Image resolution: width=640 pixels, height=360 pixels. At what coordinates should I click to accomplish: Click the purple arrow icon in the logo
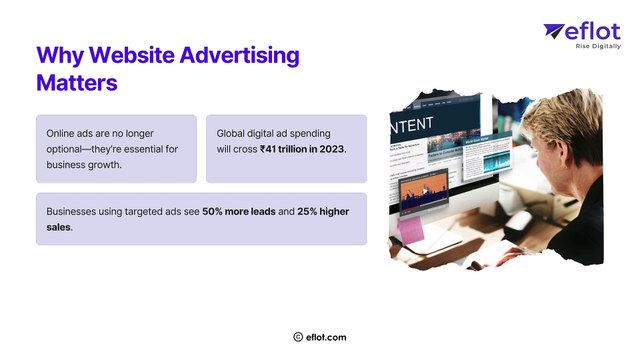click(x=555, y=32)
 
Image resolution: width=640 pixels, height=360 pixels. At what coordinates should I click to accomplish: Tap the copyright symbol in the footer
click(x=298, y=338)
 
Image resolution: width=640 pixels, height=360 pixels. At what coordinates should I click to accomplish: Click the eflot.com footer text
click(x=327, y=338)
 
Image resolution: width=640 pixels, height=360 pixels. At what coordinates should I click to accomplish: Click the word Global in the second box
click(x=234, y=133)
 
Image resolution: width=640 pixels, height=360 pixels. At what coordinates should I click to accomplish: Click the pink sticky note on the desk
click(x=411, y=231)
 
